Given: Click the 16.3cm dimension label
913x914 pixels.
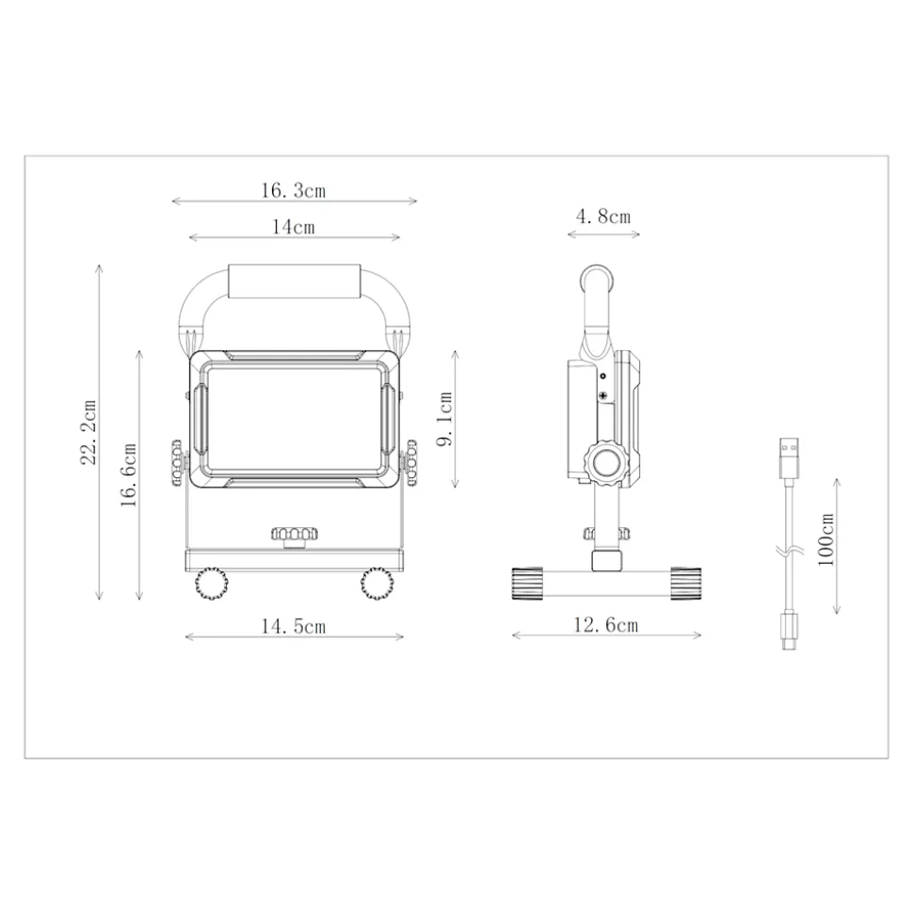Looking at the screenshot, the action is (293, 190).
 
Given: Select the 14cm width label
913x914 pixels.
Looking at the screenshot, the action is (294, 226).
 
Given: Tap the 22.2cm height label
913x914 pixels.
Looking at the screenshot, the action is (88, 432).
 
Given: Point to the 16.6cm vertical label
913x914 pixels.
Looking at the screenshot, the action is (128, 475).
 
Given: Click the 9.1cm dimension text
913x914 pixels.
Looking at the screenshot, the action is (445, 419).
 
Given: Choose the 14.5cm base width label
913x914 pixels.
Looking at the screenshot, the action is (293, 626).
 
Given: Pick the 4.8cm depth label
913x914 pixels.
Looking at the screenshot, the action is (603, 216).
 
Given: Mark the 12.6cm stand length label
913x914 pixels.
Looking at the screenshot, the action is (606, 625).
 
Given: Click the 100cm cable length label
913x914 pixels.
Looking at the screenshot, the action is (826, 539).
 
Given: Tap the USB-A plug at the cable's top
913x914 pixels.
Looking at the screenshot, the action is (789, 458).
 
